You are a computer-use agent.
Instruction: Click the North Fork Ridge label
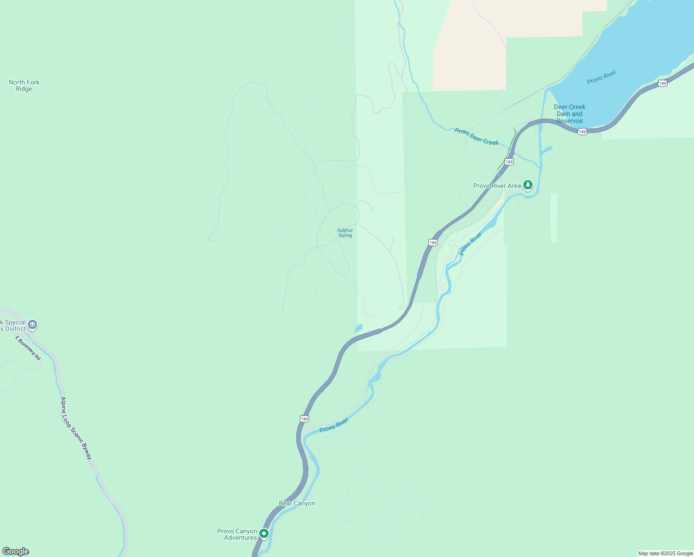tap(24, 85)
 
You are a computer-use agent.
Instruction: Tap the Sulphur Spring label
tap(345, 233)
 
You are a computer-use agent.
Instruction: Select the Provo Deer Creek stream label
tap(476, 137)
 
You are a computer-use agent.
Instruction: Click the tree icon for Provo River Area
tap(527, 185)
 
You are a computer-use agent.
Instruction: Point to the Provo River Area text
tap(497, 186)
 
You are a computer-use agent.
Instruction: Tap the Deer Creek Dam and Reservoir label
tap(570, 114)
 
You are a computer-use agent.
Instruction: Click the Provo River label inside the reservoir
tap(601, 77)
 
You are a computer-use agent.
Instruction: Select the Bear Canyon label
tap(297, 503)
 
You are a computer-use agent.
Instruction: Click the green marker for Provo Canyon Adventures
tap(264, 534)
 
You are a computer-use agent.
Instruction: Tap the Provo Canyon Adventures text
tap(237, 534)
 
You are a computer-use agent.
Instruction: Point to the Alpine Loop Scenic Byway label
tap(77, 428)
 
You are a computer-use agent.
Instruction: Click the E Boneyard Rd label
tap(28, 348)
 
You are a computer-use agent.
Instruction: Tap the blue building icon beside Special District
tap(32, 324)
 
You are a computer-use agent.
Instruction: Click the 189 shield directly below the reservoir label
tap(582, 132)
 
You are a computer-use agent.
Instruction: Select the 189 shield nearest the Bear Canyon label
tap(304, 419)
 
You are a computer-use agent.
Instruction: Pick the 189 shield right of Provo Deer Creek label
tap(509, 162)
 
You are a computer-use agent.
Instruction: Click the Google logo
tap(16, 551)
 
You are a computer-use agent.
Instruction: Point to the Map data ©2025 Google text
tap(665, 553)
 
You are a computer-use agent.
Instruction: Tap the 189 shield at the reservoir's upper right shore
tap(662, 84)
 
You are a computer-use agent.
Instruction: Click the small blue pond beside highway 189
tap(358, 328)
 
